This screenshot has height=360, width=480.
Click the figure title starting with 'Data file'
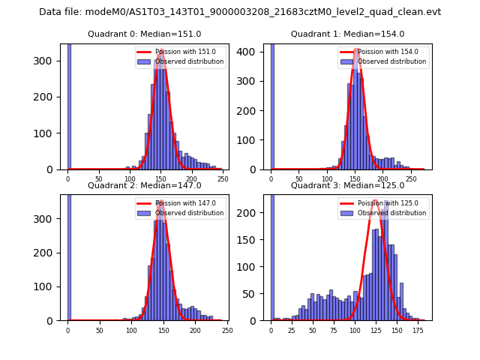point(240,12)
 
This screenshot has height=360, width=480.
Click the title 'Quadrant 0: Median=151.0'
point(144,34)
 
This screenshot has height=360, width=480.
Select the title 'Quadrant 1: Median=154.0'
point(347,34)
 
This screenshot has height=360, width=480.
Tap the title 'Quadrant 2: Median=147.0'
point(144,185)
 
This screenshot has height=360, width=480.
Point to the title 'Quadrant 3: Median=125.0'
point(347,185)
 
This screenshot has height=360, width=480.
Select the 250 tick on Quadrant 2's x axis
point(227,330)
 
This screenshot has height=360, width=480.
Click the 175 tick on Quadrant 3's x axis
point(416,330)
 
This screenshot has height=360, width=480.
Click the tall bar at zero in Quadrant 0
point(68,105)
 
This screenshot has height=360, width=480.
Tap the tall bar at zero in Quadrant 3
point(271,255)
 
